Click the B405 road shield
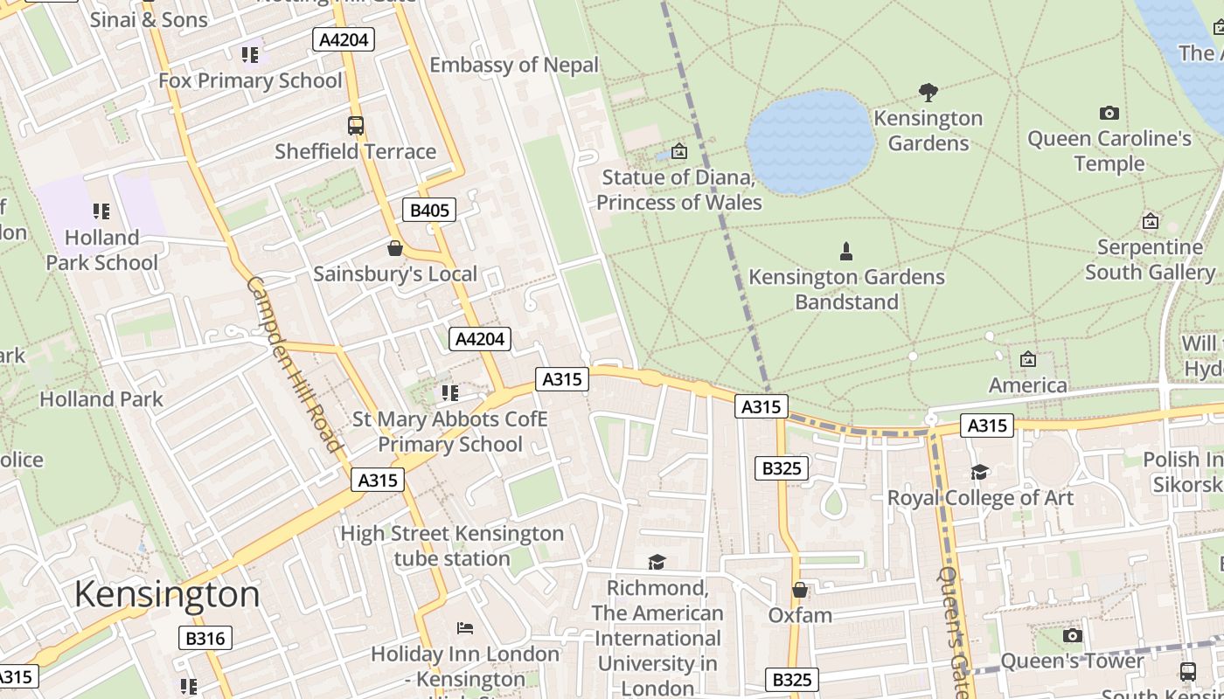tap(429, 210)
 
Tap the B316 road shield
tap(205, 638)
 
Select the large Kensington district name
tap(167, 595)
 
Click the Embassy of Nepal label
tap(514, 65)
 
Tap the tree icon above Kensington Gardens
tap(928, 92)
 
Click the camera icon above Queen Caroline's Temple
tap(1109, 113)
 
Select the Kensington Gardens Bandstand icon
tap(845, 252)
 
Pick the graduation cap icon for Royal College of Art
tap(979, 473)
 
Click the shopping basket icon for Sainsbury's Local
tap(395, 249)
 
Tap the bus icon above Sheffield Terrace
tap(355, 125)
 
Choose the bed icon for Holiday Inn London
tap(465, 628)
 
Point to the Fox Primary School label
tap(250, 80)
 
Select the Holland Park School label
tap(102, 250)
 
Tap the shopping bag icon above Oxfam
tap(799, 590)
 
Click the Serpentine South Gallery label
tap(1150, 260)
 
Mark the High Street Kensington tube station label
tap(452, 545)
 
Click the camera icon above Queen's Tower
tap(1072, 635)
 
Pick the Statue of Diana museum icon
tap(678, 151)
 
